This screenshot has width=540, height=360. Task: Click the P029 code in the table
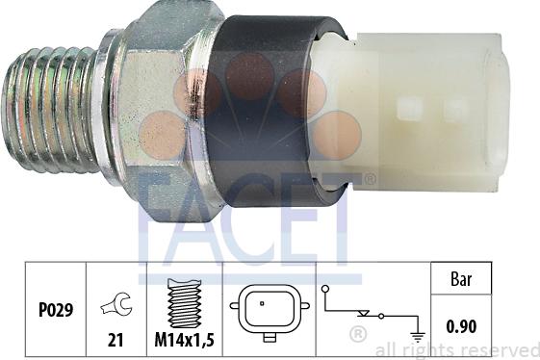coord(56,310)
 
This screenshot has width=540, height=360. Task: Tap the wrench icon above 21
coord(117,303)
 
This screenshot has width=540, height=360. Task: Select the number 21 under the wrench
coord(116,340)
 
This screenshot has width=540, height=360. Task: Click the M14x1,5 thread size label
coord(185,340)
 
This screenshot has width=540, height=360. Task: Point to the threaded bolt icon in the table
coord(184,303)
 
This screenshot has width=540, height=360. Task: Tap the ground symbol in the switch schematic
coord(418,337)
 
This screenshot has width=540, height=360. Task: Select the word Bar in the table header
coord(461,279)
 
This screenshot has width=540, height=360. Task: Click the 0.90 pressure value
coord(461,326)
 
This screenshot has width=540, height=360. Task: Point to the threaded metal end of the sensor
coord(50,110)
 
